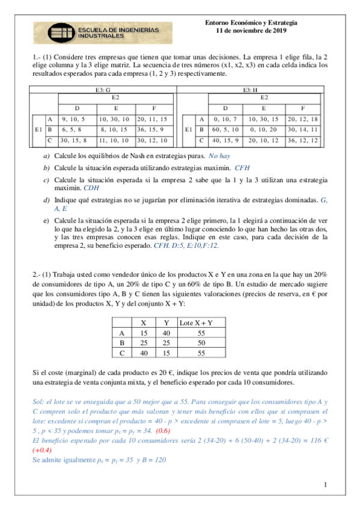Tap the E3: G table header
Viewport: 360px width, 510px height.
pos(103,90)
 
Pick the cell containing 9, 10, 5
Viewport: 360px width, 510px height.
pos(74,119)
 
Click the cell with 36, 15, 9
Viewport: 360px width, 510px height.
pos(155,129)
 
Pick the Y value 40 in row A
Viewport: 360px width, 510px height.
pos(165,333)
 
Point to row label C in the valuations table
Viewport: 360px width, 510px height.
pos(122,353)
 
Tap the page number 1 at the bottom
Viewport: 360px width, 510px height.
pos(325,485)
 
